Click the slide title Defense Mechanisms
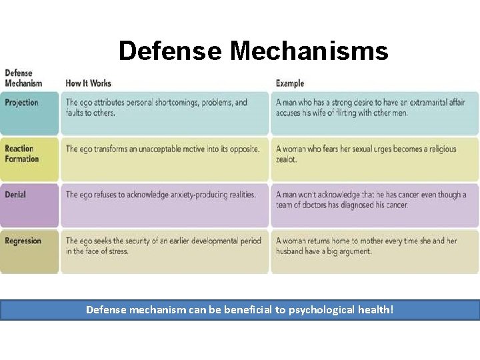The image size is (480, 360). (253, 51)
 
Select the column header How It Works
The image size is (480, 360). (88, 83)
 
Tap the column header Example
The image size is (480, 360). (290, 83)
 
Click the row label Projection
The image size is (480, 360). (21, 103)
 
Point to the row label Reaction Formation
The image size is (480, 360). (21, 154)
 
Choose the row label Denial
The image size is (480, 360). (15, 195)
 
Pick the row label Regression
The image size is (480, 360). (23, 241)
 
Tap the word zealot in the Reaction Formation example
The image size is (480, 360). (287, 160)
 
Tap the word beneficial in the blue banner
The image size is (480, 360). (250, 310)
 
